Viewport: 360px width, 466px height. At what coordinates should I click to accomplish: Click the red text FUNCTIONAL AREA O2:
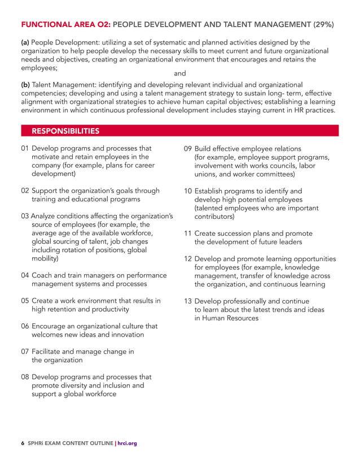click(65, 24)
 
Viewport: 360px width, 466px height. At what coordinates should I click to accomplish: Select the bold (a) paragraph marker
click(25, 43)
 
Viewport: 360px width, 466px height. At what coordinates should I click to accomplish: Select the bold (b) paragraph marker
click(25, 85)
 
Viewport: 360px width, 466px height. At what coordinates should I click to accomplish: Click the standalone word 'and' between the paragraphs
click(179, 73)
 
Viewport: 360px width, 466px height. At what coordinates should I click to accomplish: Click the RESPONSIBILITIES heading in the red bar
click(65, 131)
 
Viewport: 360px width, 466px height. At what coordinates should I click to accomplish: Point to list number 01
click(25, 148)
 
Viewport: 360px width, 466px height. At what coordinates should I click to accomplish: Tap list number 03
click(25, 216)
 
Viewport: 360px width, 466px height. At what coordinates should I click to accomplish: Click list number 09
click(188, 149)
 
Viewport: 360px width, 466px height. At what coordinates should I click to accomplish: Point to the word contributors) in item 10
click(214, 216)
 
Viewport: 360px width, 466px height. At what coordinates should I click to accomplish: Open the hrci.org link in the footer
click(128, 443)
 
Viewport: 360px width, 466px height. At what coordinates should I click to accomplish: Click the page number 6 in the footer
click(23, 443)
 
